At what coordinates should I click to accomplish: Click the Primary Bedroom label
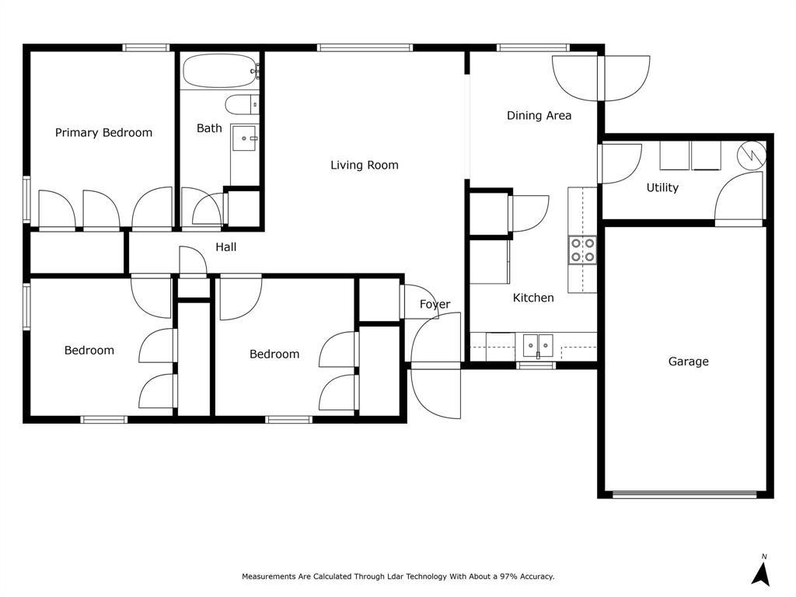[103, 133]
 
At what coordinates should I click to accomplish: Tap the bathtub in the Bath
[220, 72]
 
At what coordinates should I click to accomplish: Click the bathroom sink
[246, 139]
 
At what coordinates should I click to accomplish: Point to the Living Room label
[364, 165]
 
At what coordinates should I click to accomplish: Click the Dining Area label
[539, 116]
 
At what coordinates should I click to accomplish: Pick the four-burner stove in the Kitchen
[582, 250]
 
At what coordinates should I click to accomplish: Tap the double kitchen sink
[537, 343]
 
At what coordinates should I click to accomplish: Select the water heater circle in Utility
[751, 155]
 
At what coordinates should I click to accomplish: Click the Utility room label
[662, 187]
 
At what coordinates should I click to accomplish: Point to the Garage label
[688, 361]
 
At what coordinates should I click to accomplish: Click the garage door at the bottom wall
[684, 494]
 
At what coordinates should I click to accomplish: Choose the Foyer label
[435, 305]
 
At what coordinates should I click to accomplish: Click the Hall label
[226, 247]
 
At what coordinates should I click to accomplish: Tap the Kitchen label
[533, 298]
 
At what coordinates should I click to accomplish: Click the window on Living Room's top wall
[365, 47]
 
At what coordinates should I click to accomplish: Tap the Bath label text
[209, 128]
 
